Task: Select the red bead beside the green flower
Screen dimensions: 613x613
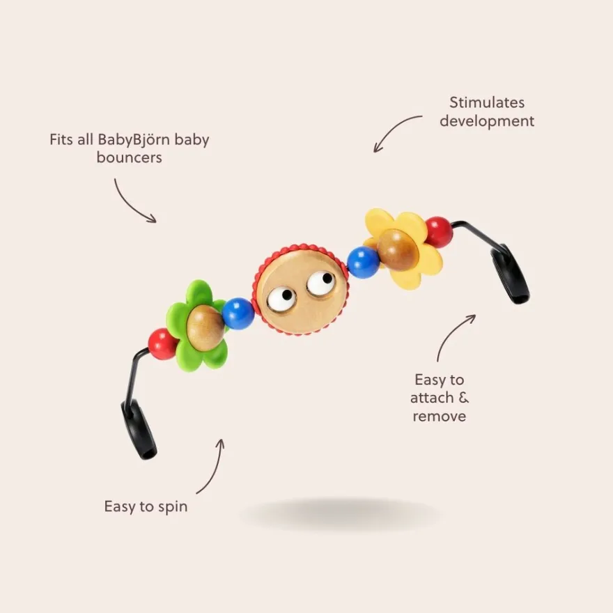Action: click(162, 344)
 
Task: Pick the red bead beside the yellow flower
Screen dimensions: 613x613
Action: click(440, 232)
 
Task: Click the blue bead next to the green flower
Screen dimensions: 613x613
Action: click(238, 313)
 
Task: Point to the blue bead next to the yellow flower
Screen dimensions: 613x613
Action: click(363, 263)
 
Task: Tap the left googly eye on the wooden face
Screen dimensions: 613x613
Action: click(281, 299)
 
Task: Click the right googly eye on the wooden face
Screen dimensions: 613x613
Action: click(321, 283)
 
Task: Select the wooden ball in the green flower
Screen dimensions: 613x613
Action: click(205, 327)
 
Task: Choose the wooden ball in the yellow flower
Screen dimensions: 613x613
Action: click(398, 250)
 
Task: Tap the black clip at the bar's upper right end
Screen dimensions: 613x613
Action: click(510, 274)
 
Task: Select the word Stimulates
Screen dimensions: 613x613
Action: click(487, 102)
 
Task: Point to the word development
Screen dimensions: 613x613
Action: click(487, 121)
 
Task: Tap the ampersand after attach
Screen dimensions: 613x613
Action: click(463, 398)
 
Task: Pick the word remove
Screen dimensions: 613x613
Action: click(439, 416)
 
